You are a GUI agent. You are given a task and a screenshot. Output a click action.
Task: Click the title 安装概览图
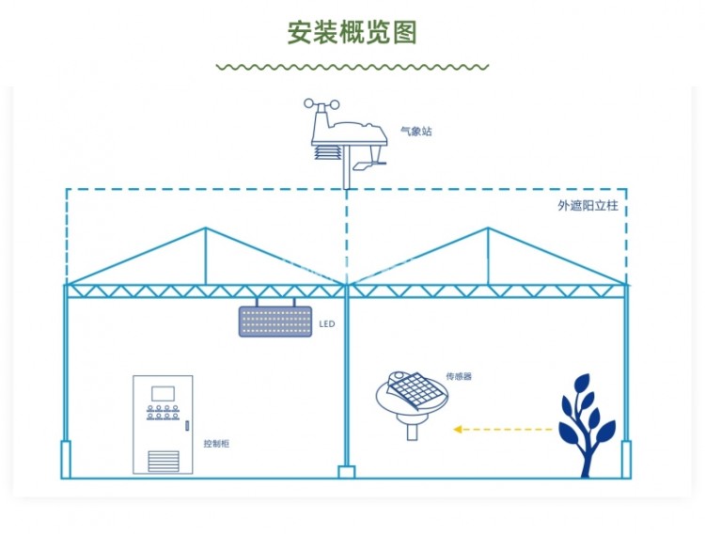[352, 31]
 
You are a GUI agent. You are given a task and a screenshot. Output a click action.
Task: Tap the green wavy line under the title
[352, 68]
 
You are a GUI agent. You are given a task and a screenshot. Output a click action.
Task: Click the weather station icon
[348, 141]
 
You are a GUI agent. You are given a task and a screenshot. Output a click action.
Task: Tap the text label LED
[327, 323]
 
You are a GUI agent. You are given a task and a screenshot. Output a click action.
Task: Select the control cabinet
[163, 425]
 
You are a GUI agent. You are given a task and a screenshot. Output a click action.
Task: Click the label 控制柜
[216, 443]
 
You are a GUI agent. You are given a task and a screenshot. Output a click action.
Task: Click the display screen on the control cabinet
[163, 391]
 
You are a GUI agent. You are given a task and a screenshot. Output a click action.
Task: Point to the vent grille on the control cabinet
[163, 460]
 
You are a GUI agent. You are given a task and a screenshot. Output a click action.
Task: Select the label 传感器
[458, 376]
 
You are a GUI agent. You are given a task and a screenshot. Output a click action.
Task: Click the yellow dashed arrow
[503, 430]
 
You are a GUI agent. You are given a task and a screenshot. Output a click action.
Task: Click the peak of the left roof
[206, 228]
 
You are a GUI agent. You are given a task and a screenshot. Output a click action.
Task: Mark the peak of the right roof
[488, 228]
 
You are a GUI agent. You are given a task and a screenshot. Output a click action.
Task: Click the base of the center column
[347, 471]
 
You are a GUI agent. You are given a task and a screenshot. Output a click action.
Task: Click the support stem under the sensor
[412, 432]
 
